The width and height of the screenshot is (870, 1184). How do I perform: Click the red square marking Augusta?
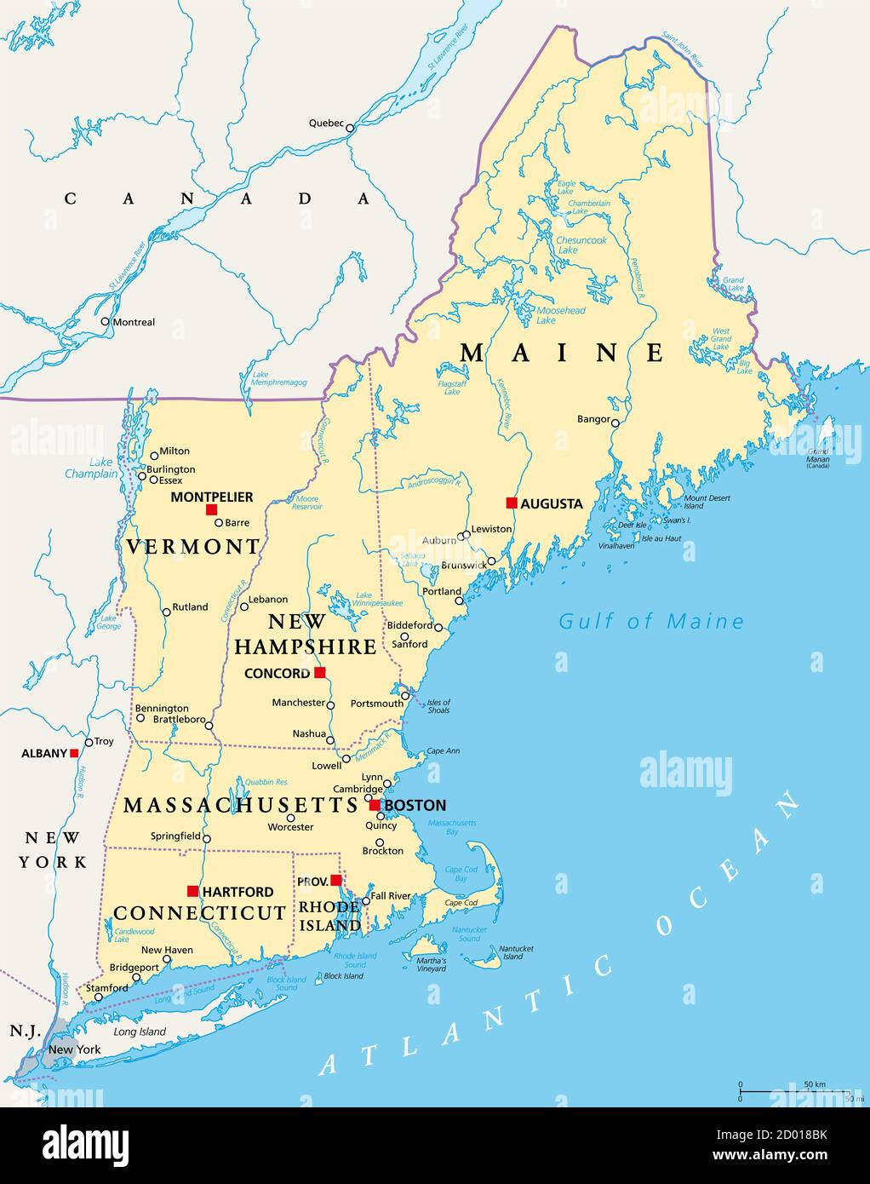[x=512, y=503]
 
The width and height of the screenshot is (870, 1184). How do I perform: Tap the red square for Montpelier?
[x=211, y=509]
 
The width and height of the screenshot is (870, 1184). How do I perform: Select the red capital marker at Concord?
[x=319, y=672]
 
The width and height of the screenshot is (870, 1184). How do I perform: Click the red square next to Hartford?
[x=192, y=891]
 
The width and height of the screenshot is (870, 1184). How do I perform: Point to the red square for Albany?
[x=74, y=753]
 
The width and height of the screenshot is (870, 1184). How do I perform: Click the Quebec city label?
[x=325, y=124]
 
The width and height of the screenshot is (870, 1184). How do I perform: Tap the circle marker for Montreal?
[x=105, y=322]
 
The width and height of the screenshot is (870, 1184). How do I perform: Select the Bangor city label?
[x=593, y=419]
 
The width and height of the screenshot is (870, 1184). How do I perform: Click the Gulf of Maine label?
[x=650, y=622]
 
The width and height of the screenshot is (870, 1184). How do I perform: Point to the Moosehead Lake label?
[x=560, y=315]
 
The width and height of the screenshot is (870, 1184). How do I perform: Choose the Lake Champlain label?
[x=91, y=468]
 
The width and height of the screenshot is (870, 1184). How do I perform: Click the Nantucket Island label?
[x=516, y=952]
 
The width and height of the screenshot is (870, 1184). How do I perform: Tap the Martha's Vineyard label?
[x=431, y=964]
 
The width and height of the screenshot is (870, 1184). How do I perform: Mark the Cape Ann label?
[x=443, y=751]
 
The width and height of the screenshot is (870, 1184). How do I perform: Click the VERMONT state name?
[x=192, y=547]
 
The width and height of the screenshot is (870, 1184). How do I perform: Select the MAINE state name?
[x=562, y=352]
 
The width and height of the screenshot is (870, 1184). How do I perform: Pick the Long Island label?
[x=140, y=1032]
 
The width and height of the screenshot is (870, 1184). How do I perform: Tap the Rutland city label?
[x=190, y=607]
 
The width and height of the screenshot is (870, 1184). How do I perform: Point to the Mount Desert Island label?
[x=706, y=502]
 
